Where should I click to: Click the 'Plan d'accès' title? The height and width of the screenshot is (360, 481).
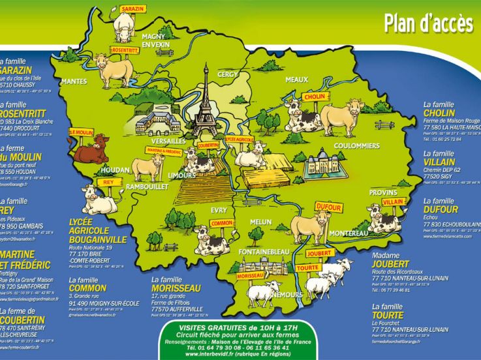point(427,23)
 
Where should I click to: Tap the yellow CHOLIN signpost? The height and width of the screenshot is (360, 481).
point(314,97)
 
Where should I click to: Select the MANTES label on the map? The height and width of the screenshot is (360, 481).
point(74,82)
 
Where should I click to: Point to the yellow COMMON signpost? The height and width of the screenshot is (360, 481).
point(223,222)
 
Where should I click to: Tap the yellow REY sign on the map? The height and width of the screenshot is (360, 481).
point(108,183)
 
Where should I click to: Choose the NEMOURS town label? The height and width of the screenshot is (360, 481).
point(290,294)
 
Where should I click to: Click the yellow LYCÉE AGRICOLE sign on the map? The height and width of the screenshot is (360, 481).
point(240,140)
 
